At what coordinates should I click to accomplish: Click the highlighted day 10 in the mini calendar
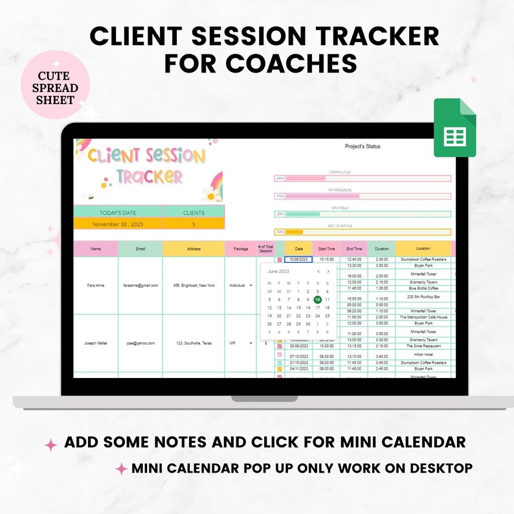coord(317,300)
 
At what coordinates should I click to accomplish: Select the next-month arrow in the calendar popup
coord(328,272)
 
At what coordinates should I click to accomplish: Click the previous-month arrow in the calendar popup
coord(318,272)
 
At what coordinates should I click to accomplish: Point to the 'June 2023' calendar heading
coord(278,272)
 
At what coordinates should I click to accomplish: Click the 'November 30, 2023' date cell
coord(117,223)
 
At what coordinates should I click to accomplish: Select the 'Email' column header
coord(140,249)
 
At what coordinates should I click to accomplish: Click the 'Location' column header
coord(423,249)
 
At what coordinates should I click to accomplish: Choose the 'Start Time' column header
coord(326,249)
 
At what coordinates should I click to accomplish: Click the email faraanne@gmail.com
coord(140,285)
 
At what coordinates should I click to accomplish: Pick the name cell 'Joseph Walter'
coord(96,343)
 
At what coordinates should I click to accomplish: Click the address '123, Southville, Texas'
coord(193,343)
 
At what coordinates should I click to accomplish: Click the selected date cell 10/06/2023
coord(298,260)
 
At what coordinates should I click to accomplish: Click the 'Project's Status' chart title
coord(363,147)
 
